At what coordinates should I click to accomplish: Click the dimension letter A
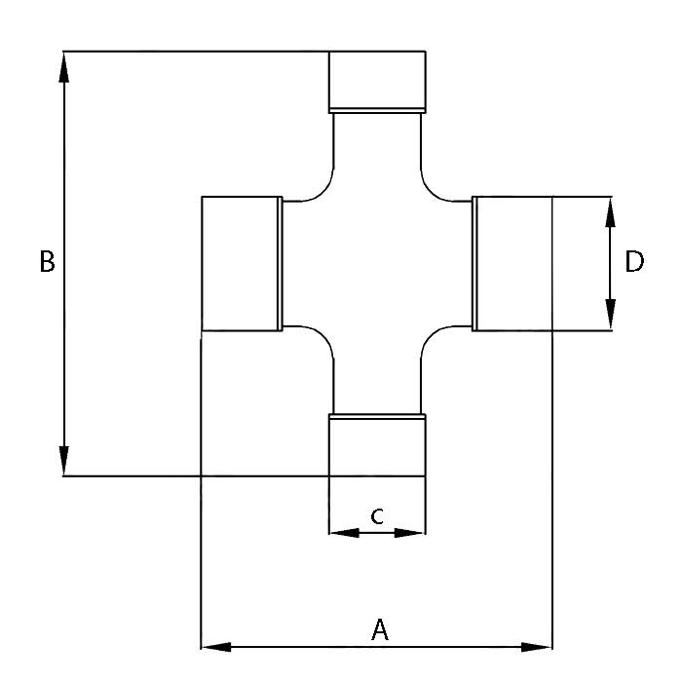pyautogui.click(x=380, y=629)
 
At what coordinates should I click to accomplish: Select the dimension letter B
pyautogui.click(x=47, y=261)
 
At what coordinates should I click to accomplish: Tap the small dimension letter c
pyautogui.click(x=377, y=515)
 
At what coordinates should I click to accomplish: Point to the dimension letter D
pyautogui.click(x=634, y=261)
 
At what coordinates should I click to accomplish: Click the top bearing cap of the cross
pyautogui.click(x=377, y=82)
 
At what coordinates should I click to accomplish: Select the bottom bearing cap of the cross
pyautogui.click(x=377, y=445)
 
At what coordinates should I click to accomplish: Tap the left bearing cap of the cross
pyautogui.click(x=243, y=264)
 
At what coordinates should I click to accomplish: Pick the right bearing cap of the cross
pyautogui.click(x=512, y=264)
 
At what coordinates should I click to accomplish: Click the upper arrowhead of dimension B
pyautogui.click(x=64, y=67)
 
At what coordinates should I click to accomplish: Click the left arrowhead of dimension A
pyautogui.click(x=216, y=647)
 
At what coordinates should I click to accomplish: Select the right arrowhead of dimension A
pyautogui.click(x=536, y=647)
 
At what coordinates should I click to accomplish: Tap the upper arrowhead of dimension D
pyautogui.click(x=610, y=212)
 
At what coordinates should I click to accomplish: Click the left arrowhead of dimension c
pyautogui.click(x=345, y=533)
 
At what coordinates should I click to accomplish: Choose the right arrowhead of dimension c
pyautogui.click(x=409, y=533)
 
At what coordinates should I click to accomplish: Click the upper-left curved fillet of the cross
pyautogui.click(x=324, y=191)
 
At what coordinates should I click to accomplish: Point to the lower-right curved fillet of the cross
pyautogui.click(x=431, y=336)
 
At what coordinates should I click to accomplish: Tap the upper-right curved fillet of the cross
pyautogui.click(x=431, y=191)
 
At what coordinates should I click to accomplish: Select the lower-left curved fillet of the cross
pyautogui.click(x=324, y=336)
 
